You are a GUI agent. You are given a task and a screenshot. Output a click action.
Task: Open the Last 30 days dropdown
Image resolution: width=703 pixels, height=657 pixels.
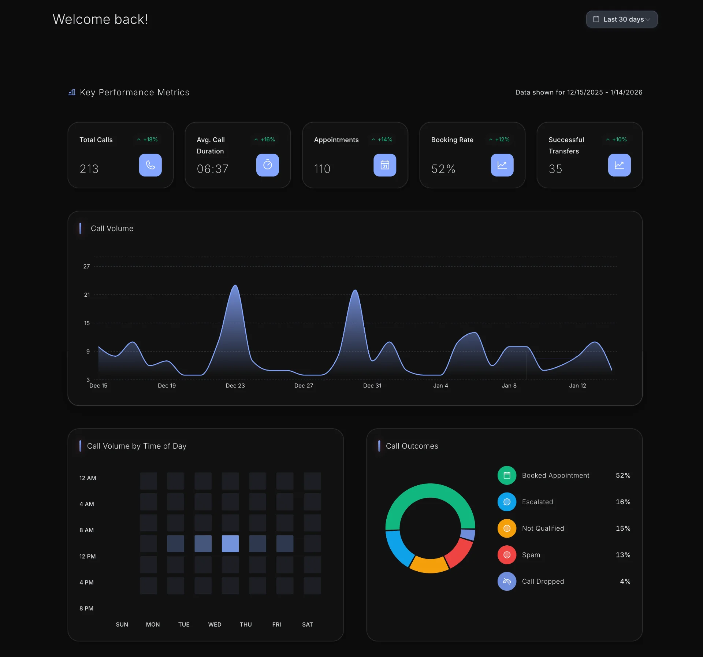pyautogui.click(x=621, y=19)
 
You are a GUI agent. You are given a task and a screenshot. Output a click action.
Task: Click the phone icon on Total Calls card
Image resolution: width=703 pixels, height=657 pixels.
pyautogui.click(x=150, y=165)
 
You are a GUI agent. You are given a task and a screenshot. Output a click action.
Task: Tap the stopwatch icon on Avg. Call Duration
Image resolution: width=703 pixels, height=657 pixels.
pyautogui.click(x=267, y=165)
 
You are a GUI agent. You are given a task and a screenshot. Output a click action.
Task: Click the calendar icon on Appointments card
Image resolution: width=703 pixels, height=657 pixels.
pyautogui.click(x=384, y=165)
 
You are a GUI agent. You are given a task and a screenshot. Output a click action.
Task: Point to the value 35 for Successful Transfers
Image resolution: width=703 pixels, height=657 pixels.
pyautogui.click(x=555, y=169)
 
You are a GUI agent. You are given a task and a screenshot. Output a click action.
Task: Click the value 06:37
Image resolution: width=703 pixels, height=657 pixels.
pyautogui.click(x=212, y=169)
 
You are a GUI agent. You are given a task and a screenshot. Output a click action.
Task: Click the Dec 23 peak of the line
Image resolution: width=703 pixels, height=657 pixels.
pyautogui.click(x=235, y=286)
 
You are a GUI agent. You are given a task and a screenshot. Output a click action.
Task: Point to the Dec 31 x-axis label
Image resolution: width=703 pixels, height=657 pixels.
pyautogui.click(x=372, y=386)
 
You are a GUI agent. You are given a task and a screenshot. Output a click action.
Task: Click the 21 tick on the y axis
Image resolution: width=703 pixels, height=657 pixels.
pyautogui.click(x=87, y=295)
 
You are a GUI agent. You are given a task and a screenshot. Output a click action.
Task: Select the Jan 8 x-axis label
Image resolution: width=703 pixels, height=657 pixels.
pyautogui.click(x=509, y=386)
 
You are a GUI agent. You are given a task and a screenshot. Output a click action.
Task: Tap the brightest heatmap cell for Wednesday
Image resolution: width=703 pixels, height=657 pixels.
pyautogui.click(x=230, y=543)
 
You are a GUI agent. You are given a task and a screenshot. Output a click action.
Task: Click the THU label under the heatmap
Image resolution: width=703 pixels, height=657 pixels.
pyautogui.click(x=245, y=624)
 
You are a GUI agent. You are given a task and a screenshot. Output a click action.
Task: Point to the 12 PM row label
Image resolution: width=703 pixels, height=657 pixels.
pyautogui.click(x=88, y=556)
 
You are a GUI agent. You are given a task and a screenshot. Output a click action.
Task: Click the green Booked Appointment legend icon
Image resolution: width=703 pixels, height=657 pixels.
pyautogui.click(x=507, y=475)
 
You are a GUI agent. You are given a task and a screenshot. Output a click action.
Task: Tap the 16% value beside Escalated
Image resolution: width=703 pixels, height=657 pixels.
pyautogui.click(x=623, y=502)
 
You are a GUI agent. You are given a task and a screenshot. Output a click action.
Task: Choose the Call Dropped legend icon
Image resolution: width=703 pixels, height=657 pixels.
pyautogui.click(x=507, y=581)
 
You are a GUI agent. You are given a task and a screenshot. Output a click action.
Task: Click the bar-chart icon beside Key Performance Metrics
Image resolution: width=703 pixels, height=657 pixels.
pyautogui.click(x=72, y=92)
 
